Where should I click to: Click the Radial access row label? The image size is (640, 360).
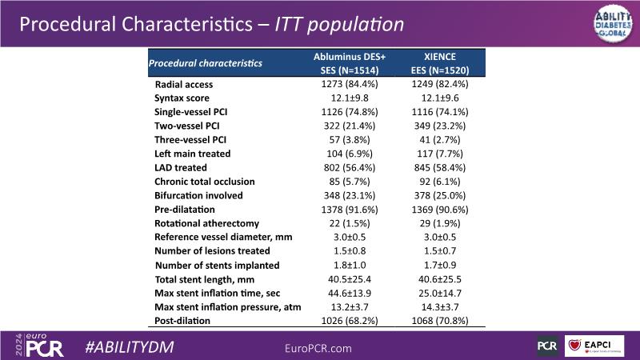click(183, 84)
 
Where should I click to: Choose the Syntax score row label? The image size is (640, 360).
click(182, 98)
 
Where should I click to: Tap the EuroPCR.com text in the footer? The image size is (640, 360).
click(318, 348)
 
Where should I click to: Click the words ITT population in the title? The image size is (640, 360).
click(338, 25)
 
